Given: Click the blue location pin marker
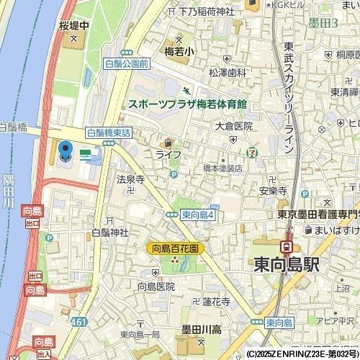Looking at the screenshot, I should click(65, 152).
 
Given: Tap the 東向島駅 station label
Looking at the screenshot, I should click(286, 264).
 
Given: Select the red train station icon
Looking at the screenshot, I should click(286, 246).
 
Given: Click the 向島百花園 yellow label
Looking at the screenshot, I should click(176, 248).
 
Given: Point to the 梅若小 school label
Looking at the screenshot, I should click(180, 52).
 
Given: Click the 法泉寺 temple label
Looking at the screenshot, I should click(131, 179).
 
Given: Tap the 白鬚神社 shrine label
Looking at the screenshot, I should click(109, 233).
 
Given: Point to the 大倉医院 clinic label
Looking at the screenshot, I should click(234, 125).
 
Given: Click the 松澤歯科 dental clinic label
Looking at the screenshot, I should click(228, 73).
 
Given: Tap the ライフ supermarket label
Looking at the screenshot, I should click(168, 154).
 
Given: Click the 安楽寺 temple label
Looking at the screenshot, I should click(273, 192).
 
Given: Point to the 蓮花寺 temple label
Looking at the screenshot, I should click(215, 303).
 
